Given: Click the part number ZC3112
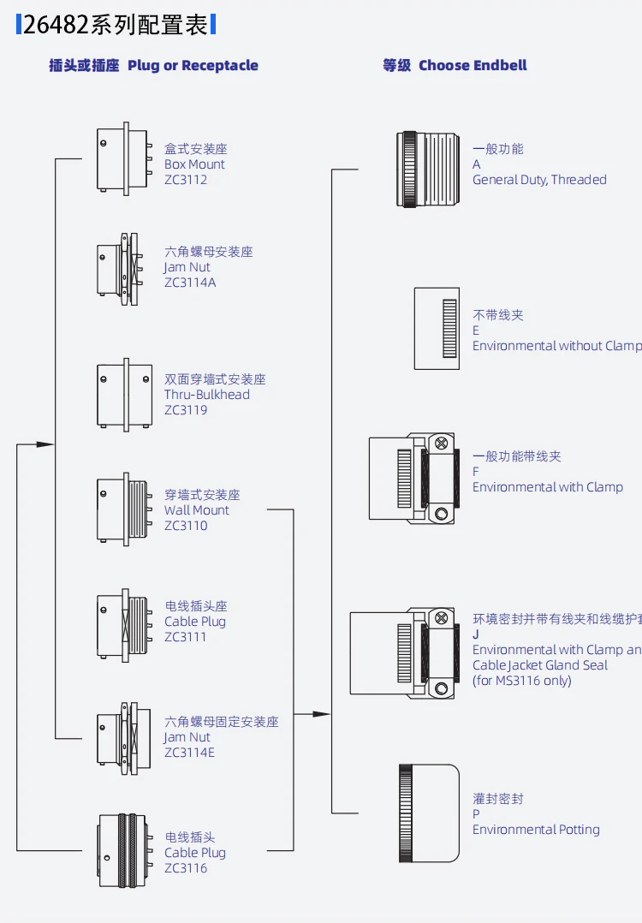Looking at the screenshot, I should (186, 180).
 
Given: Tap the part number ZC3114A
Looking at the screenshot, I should (190, 283).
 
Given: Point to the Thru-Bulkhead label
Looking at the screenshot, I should (207, 395).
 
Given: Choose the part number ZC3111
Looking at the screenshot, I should (186, 637).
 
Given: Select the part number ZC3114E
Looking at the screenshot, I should (190, 753).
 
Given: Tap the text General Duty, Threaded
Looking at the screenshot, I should (539, 180).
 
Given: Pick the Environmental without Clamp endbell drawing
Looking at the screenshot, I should (437, 329).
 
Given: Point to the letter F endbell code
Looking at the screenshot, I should (476, 472).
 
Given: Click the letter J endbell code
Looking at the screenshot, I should (476, 634).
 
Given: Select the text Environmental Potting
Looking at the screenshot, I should (536, 830).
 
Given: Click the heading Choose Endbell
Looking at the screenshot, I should (473, 65).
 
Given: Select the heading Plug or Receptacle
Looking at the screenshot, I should (193, 65).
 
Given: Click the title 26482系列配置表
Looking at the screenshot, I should (116, 24).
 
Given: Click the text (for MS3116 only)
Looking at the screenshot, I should (521, 681).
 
